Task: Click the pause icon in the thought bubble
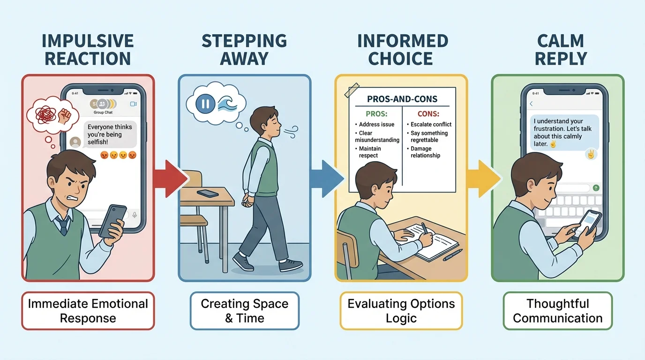point(205,104)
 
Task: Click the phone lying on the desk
point(207,193)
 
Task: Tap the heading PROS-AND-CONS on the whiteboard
point(403,99)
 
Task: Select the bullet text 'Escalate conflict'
point(431,124)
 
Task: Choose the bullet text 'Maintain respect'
point(369,152)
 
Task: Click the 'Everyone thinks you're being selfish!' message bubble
point(110,134)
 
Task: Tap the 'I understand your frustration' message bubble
point(565,133)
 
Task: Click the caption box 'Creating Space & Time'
point(244,311)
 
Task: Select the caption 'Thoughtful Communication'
point(557,311)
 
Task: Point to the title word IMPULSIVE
point(88,41)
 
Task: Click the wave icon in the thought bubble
point(228,104)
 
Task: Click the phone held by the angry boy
point(113,221)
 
